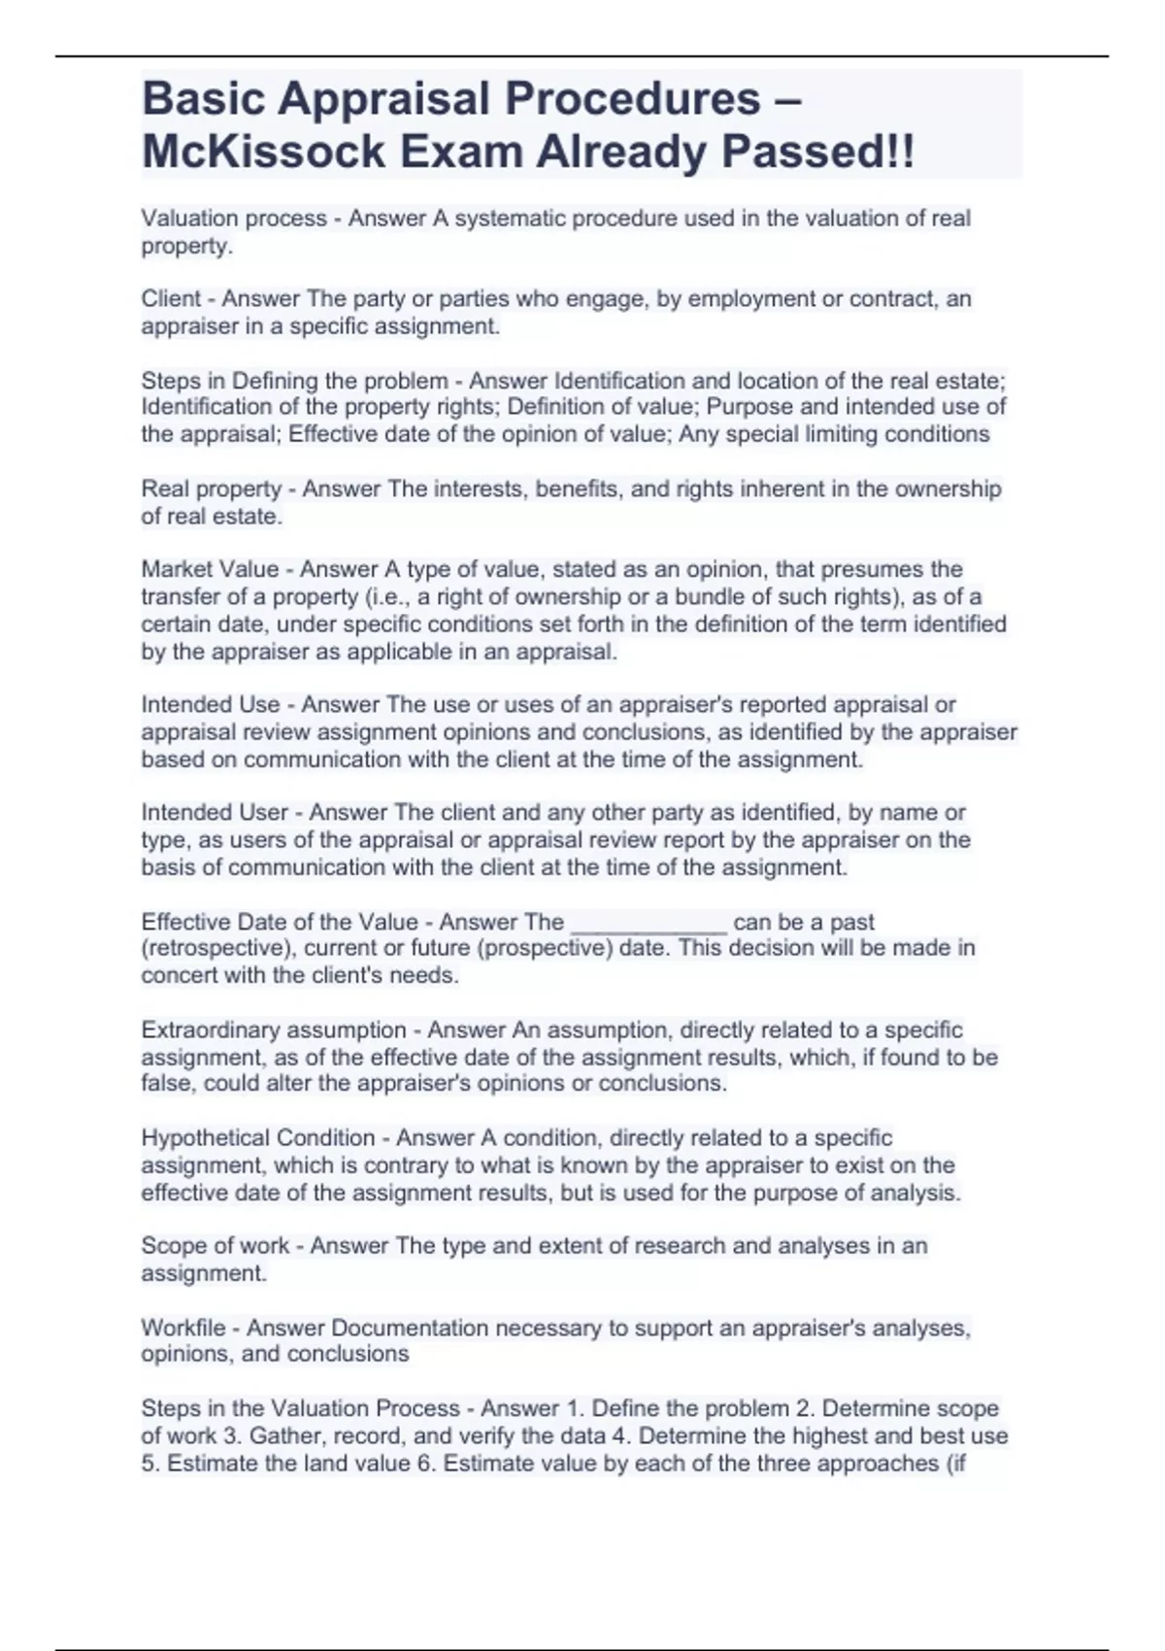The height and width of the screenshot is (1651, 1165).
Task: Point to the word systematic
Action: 510,219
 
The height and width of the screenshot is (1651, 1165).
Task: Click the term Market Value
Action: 210,569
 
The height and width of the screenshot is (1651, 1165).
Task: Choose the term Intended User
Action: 215,812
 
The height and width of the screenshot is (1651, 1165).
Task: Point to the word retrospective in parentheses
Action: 216,948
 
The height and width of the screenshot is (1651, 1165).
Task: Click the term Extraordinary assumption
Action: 274,1029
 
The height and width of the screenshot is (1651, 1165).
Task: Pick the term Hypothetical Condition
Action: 258,1137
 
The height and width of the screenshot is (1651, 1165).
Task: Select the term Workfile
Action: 183,1328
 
